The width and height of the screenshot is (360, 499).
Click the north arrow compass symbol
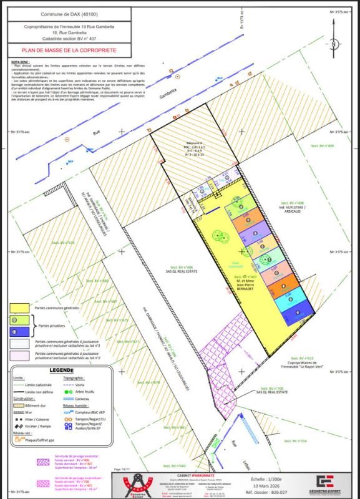coord(334,44)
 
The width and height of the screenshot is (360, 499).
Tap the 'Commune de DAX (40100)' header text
coord(59,14)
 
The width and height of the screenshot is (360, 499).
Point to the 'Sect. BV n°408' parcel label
coord(291,203)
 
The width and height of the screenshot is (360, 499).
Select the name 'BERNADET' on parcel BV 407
coord(245,289)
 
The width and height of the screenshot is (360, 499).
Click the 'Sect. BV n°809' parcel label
coord(323,145)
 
